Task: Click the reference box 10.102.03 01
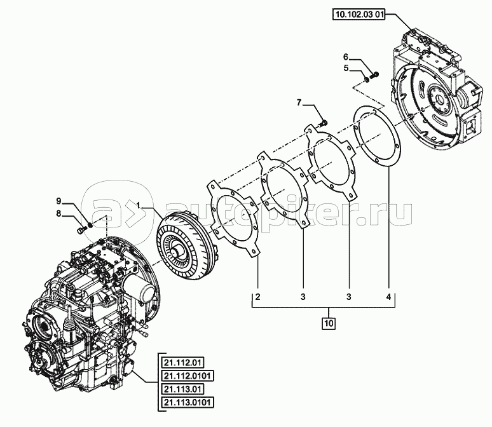(x=359, y=15)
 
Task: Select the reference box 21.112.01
(x=182, y=363)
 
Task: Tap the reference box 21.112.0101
(x=188, y=376)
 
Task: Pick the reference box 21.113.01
(x=182, y=389)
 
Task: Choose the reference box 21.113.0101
(x=188, y=402)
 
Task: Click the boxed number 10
(x=328, y=323)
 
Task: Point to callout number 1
(x=138, y=205)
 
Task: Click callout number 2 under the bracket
(x=257, y=297)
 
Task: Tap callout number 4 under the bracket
(x=388, y=297)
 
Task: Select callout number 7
(x=299, y=102)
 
